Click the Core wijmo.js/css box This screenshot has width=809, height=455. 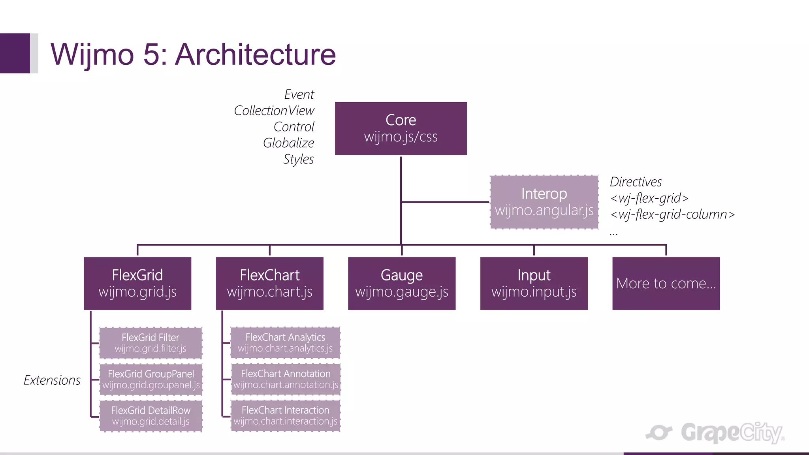(401, 128)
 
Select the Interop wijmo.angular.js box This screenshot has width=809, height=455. (544, 202)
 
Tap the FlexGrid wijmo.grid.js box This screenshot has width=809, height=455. (137, 283)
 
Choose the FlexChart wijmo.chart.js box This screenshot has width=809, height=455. (269, 283)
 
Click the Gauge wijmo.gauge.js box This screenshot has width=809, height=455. (401, 283)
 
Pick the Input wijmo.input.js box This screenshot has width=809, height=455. (534, 283)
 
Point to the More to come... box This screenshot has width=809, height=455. (666, 283)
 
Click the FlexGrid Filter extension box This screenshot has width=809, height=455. (151, 343)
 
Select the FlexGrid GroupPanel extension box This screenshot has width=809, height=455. (151, 379)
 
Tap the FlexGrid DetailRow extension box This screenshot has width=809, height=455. (151, 416)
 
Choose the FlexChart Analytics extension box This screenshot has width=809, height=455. (285, 342)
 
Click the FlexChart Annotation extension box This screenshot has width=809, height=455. (285, 379)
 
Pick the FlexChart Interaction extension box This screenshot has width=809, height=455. (285, 416)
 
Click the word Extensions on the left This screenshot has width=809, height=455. (52, 380)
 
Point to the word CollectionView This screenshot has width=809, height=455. (274, 111)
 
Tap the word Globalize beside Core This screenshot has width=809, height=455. (288, 143)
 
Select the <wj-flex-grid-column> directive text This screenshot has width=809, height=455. (672, 214)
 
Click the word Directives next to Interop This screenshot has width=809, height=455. (636, 182)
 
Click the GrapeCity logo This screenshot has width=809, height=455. (715, 433)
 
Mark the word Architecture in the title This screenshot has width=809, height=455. (255, 55)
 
